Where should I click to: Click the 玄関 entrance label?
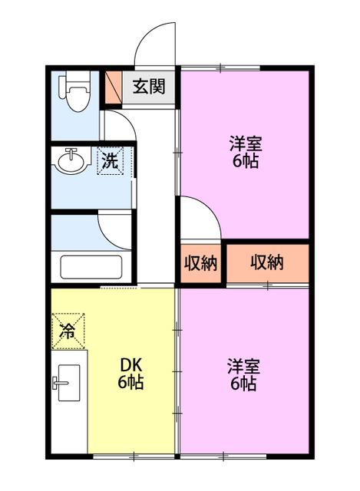[x=149, y=87]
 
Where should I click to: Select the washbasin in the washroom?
[x=71, y=160]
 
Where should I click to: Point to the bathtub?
[x=91, y=267]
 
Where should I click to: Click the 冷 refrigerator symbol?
[x=68, y=331]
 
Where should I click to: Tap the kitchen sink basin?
[x=69, y=383]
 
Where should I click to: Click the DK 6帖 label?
[x=130, y=373]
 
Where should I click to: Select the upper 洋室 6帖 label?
[x=246, y=152]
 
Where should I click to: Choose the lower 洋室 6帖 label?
[x=243, y=375]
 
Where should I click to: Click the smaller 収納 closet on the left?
[x=200, y=262]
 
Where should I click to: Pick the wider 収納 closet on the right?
[x=267, y=262]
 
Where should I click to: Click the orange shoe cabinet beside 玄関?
[x=113, y=87]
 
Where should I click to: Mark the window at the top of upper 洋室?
[x=220, y=67]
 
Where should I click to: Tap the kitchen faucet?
[x=60, y=383]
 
